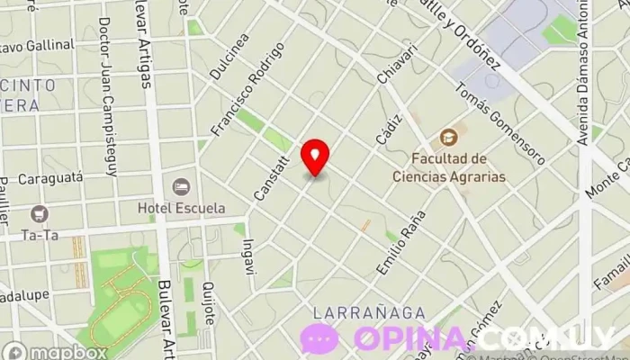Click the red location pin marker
tap(315, 157)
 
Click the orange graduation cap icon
tap(448, 138)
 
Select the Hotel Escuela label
tap(181, 209)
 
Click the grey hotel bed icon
tap(182, 186)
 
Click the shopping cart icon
tap(39, 213)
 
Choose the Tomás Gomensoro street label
tap(499, 124)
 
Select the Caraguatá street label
tap(50, 178)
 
